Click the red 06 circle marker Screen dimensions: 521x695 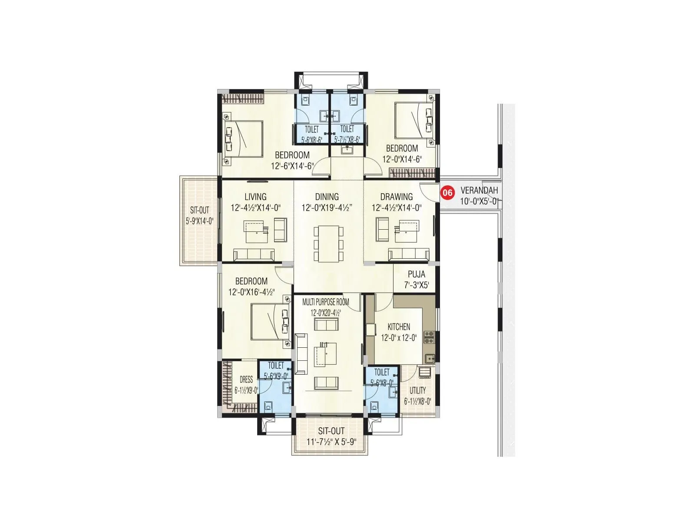[447, 192]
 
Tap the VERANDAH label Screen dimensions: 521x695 [479, 191]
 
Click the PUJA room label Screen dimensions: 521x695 [416, 274]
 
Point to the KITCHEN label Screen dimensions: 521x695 [399, 327]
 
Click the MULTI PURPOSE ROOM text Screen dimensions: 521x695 [325, 302]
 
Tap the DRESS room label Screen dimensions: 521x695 [246, 379]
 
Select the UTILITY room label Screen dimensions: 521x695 [417, 390]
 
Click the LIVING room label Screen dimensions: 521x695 [255, 197]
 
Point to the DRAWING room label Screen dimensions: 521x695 [396, 197]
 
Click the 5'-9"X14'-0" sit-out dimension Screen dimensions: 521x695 [199, 221]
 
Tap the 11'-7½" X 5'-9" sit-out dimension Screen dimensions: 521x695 [331, 442]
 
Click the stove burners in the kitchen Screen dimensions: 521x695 [429, 337]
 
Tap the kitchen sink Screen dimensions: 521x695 [429, 359]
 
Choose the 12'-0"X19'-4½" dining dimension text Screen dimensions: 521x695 [327, 208]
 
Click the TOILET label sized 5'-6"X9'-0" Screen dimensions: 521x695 [276, 366]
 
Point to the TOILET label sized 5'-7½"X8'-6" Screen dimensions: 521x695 [347, 129]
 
